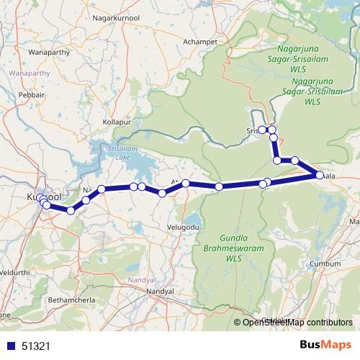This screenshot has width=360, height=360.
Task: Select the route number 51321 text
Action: [x=35, y=346]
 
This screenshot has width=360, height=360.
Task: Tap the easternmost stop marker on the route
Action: [x=320, y=175]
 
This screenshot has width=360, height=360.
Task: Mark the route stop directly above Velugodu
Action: [x=186, y=184]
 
